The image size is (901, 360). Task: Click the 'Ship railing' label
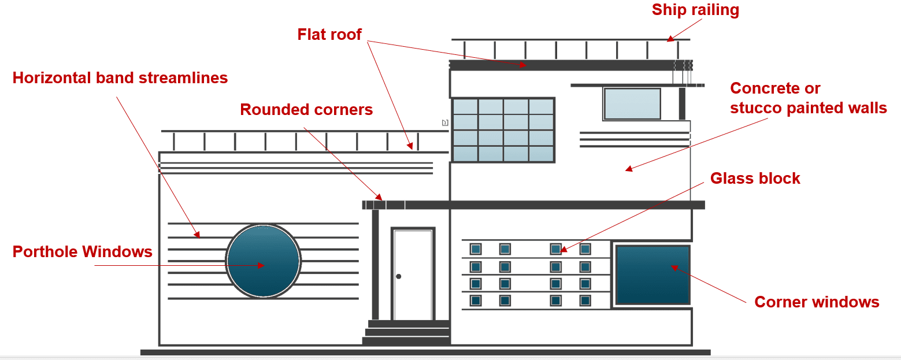point(695,10)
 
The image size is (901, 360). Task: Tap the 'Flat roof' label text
point(329,35)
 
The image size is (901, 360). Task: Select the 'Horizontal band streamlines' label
point(120,77)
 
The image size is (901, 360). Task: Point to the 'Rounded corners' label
point(306,109)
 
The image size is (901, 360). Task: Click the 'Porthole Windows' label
point(83,252)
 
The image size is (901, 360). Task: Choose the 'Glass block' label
point(755,179)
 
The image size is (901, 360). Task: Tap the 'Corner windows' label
point(817,302)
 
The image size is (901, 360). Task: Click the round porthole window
point(263,261)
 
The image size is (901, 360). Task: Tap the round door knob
point(399,276)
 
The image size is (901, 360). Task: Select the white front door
point(413,274)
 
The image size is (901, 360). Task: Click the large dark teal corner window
point(653,274)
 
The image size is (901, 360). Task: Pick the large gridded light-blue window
point(503,130)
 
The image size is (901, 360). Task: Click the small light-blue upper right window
point(632,104)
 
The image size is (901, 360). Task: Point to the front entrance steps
point(406,332)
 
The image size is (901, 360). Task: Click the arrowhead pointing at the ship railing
point(670,39)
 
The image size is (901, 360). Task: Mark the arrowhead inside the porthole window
point(261,265)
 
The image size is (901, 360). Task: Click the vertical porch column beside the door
point(375,265)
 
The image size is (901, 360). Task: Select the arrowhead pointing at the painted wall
point(629,169)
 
